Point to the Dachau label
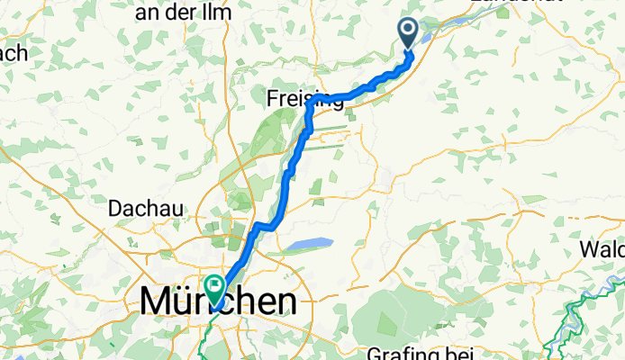click(x=146, y=208)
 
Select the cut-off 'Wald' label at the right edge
click(x=602, y=247)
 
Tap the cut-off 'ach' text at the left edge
click(x=14, y=52)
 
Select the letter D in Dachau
click(x=114, y=208)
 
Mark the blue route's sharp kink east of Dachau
click(x=258, y=224)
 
